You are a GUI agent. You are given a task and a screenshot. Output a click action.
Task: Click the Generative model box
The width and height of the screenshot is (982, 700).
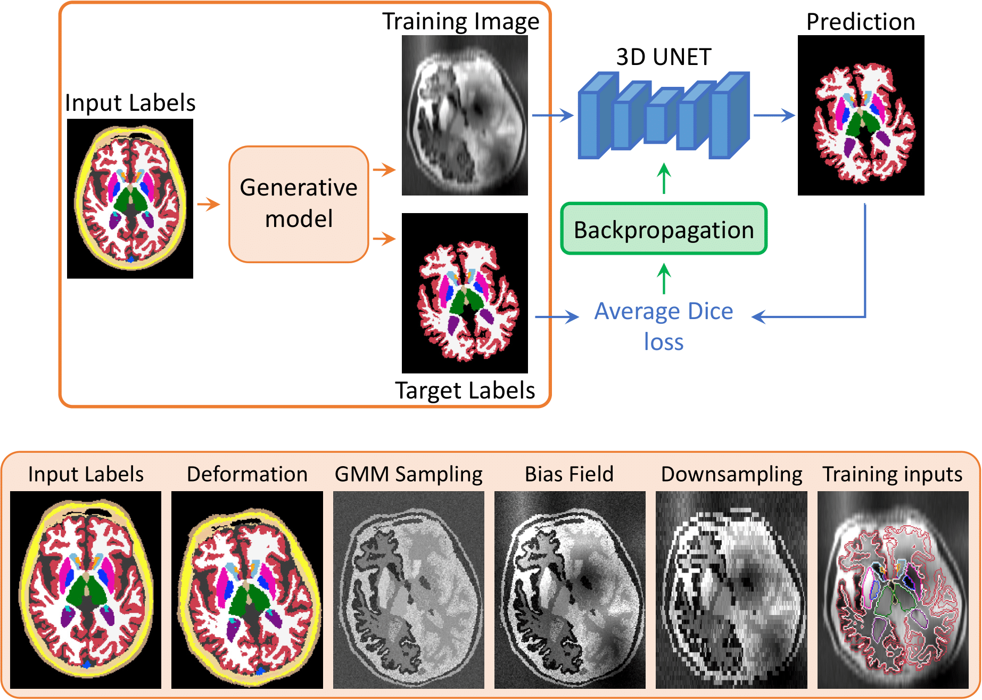point(299,204)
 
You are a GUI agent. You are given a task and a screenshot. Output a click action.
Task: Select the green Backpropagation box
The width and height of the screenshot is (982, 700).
point(664,229)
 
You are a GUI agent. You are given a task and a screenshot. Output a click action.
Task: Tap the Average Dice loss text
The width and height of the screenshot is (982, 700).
point(664,325)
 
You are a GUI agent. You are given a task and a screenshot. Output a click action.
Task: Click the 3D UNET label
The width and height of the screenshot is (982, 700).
point(664,57)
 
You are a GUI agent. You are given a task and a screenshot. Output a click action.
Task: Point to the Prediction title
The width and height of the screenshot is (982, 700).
point(861,22)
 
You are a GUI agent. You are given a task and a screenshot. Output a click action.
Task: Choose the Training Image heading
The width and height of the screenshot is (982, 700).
point(461,21)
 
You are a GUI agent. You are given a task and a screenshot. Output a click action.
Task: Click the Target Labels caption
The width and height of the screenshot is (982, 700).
point(465,390)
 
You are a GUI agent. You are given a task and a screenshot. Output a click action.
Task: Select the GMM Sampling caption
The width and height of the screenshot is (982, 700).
point(409,474)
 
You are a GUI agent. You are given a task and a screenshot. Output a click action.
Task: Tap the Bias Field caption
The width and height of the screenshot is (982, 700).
point(569,474)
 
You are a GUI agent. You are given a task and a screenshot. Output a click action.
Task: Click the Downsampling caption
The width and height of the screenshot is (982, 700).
point(731,474)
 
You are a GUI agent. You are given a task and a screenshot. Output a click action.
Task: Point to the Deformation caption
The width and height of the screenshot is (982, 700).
point(247,474)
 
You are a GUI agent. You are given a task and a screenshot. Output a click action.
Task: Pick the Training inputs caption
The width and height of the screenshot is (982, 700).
point(893,474)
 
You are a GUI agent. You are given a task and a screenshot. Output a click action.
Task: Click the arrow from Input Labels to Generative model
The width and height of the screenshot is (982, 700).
point(208,204)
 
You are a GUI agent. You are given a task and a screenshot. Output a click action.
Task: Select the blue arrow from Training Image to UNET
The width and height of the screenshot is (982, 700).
point(552,115)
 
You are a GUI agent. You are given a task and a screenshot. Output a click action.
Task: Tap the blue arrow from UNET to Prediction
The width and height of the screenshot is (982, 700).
point(774,115)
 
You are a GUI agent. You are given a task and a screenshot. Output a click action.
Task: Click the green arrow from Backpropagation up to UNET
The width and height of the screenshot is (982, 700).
point(664,178)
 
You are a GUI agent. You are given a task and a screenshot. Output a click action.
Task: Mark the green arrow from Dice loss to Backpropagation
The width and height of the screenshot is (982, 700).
point(664,279)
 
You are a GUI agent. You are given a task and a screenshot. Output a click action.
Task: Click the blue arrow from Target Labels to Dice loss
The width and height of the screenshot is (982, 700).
point(557,317)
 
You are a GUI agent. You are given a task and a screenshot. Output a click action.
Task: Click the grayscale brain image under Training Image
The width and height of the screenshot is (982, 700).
point(465,115)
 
